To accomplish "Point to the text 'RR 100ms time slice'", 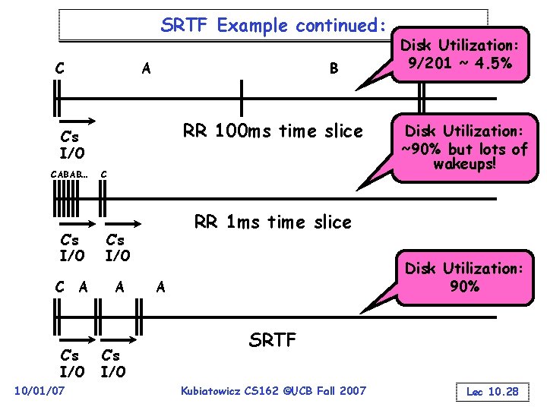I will coord(273,131).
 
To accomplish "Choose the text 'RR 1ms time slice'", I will coord(273,222).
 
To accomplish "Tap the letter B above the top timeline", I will coord(333,69).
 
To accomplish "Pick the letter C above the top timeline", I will coord(59,68).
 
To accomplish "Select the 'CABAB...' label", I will coord(69,175).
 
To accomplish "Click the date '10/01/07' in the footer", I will coord(40,390).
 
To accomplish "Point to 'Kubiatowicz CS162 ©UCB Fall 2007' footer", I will coord(273,390).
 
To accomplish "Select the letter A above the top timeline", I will coord(147,68).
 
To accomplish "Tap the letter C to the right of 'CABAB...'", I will coord(104,175).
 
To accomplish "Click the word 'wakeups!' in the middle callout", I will coord(464,164).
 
